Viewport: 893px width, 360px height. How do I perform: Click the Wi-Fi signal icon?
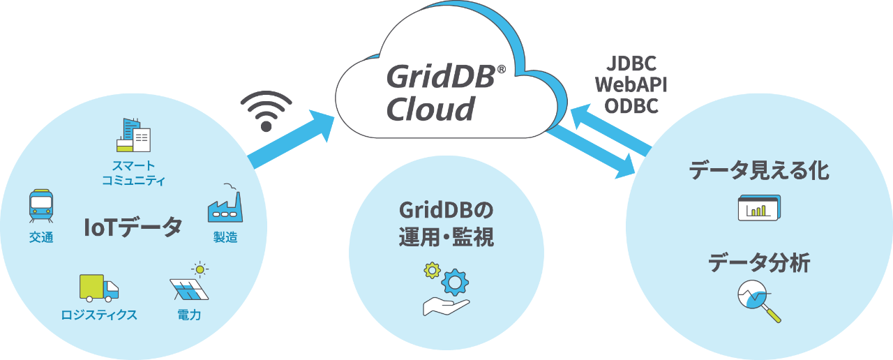(x=267, y=111)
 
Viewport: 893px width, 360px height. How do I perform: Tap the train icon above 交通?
(x=41, y=206)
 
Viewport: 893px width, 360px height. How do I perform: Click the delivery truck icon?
(x=99, y=288)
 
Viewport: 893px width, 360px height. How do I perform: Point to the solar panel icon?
(x=189, y=289)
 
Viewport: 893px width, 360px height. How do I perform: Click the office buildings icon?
(x=133, y=135)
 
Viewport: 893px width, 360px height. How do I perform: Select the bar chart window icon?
(x=760, y=207)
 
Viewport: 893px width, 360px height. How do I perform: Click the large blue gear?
(x=455, y=283)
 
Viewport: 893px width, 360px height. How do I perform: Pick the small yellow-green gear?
(x=432, y=270)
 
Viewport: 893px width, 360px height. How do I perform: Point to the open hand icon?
(x=446, y=307)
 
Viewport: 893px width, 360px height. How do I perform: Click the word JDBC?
(x=631, y=63)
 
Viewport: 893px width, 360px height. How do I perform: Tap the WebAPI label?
(x=631, y=84)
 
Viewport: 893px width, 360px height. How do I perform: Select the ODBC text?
(x=631, y=106)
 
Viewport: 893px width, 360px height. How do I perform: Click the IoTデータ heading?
(x=133, y=227)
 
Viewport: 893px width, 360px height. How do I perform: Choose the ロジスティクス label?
(x=99, y=315)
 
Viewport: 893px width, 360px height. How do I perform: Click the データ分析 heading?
(x=759, y=263)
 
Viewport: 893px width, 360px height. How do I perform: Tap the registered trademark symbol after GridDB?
(x=502, y=69)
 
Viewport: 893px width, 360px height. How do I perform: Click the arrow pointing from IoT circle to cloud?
(x=291, y=139)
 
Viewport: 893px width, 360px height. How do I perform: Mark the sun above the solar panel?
(x=200, y=270)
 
